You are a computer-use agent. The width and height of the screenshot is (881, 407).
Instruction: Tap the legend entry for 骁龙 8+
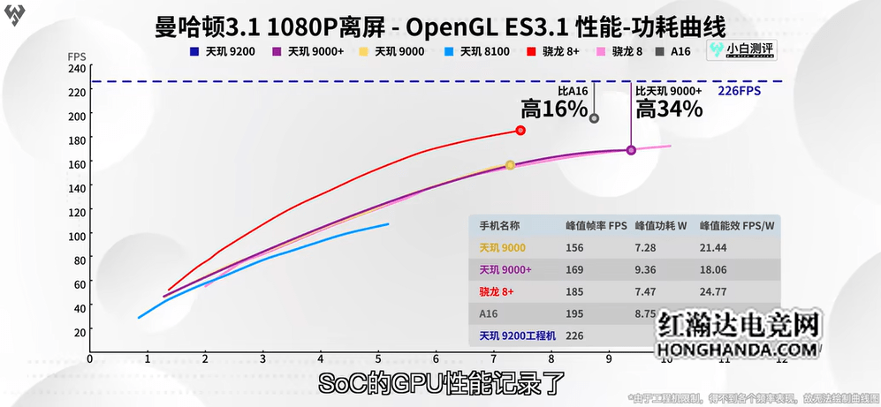(x=564, y=51)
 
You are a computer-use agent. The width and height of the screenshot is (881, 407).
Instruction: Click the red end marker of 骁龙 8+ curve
(x=520, y=131)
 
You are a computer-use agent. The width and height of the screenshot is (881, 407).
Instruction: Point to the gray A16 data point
(x=594, y=118)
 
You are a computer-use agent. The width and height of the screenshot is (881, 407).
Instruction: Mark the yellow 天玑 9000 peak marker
(x=510, y=165)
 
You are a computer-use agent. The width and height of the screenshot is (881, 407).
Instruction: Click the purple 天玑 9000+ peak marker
(x=631, y=150)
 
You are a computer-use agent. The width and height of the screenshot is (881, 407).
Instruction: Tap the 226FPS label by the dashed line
(x=739, y=91)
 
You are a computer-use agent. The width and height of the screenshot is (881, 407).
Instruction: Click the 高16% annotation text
(x=554, y=109)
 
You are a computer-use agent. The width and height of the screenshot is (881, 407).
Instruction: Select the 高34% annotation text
(x=669, y=109)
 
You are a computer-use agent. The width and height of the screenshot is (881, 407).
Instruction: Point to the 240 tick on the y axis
(x=76, y=69)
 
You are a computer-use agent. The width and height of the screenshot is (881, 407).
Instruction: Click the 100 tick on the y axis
(x=76, y=236)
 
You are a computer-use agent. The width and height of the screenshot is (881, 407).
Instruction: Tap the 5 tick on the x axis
(x=378, y=359)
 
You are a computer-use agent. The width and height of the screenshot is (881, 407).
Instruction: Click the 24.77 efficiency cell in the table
(x=713, y=290)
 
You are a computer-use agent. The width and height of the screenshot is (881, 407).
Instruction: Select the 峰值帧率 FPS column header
(x=596, y=225)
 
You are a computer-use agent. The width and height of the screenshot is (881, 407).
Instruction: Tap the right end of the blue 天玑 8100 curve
(x=388, y=224)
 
